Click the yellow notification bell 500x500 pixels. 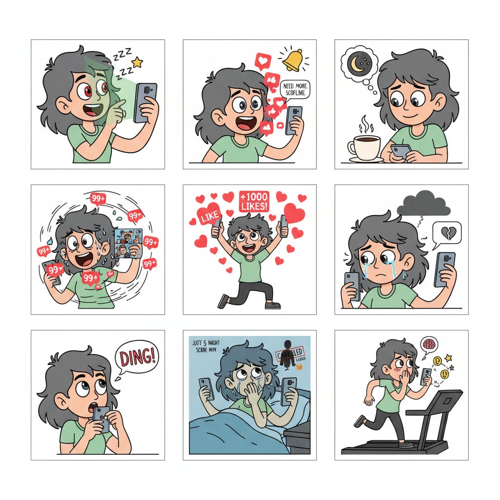(292, 60)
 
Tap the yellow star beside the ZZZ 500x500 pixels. (137, 62)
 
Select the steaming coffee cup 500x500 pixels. (364, 146)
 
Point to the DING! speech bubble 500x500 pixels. (137, 356)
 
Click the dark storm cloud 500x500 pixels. (423, 204)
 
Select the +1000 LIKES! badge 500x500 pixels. (254, 201)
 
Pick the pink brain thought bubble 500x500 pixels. (430, 344)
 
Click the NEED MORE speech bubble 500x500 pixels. (296, 91)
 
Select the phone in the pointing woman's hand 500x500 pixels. (145, 102)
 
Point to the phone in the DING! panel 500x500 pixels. (102, 418)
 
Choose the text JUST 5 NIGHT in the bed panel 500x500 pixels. (205, 343)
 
